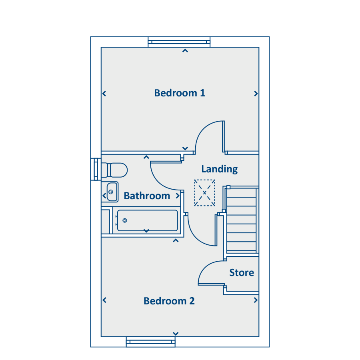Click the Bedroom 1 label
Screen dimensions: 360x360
[x=180, y=93]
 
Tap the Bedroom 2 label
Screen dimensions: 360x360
[x=169, y=301]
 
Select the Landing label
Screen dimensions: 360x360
[x=220, y=169]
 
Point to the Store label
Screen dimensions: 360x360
[x=242, y=272]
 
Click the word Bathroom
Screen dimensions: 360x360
[x=147, y=196]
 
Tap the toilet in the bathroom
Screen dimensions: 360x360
[x=114, y=170]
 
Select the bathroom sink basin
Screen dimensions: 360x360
[x=112, y=192]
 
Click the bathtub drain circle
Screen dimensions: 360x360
[x=125, y=220]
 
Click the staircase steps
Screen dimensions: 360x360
[x=242, y=220]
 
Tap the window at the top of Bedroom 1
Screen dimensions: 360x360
[x=179, y=42]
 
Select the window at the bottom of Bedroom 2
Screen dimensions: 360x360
[x=151, y=342]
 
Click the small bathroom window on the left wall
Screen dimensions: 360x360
[x=96, y=170]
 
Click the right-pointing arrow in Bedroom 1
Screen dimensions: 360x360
[x=256, y=94]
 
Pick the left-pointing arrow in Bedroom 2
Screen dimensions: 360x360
[x=104, y=300]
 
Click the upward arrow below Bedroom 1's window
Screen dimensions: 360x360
[x=185, y=51]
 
